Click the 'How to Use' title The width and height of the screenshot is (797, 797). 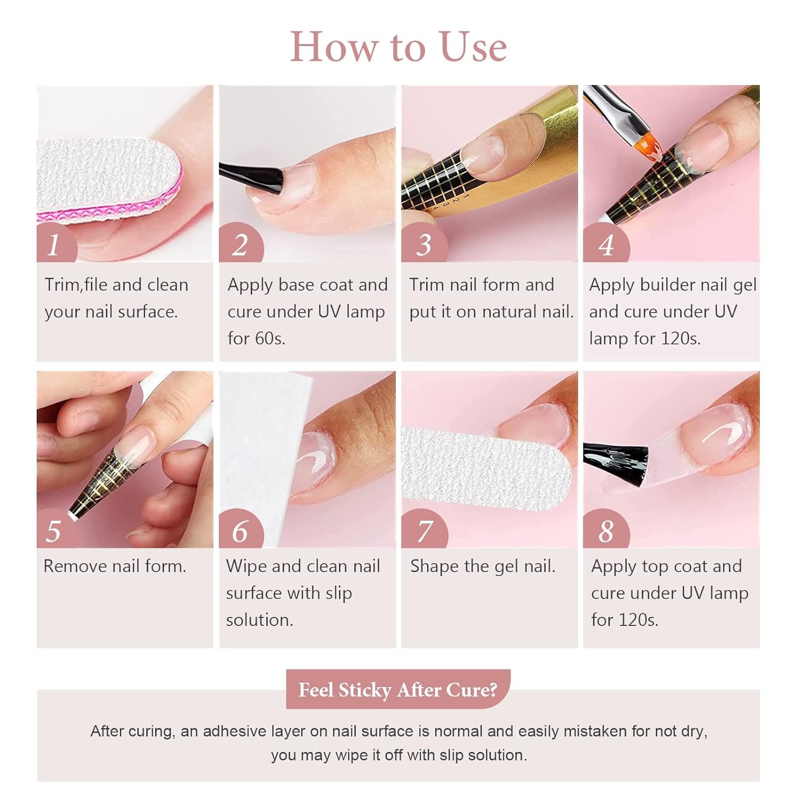click(398, 47)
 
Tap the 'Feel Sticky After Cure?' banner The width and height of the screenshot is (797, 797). click(398, 689)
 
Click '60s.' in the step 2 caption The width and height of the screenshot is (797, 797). click(271, 338)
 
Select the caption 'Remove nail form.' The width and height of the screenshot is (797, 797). click(115, 566)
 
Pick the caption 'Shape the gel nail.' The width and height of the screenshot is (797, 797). click(482, 566)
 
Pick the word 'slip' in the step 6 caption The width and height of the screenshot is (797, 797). click(338, 593)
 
